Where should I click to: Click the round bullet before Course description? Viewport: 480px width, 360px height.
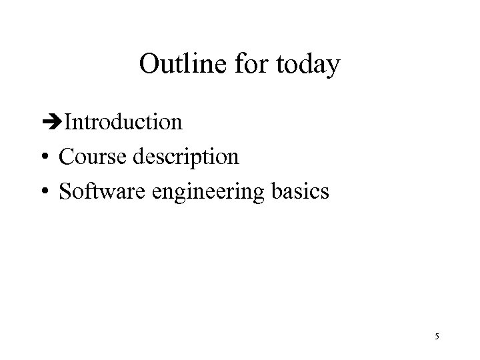45,158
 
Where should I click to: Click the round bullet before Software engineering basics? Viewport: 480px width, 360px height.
45,193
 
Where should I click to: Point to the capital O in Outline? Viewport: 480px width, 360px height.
149,65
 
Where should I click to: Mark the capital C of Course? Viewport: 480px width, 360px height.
66,157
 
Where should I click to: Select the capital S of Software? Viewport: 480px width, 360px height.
65,192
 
